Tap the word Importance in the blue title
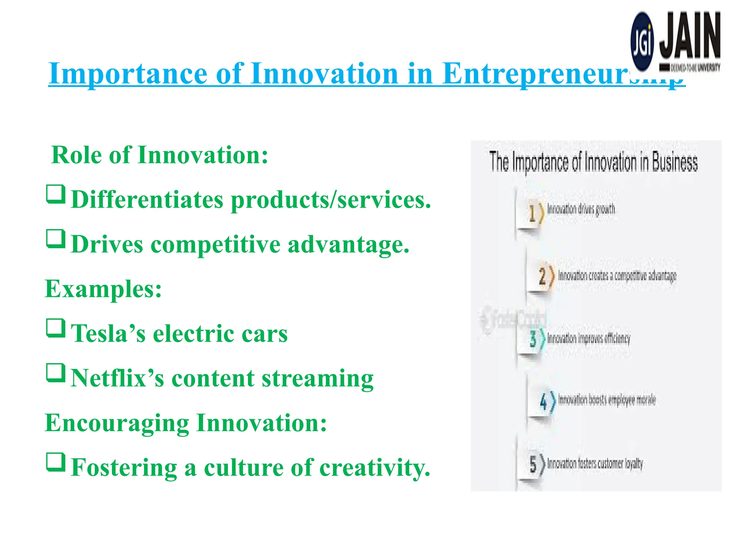[128, 74]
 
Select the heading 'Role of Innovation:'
[160, 155]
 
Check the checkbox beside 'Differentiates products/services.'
[56, 194]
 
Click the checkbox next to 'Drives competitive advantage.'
[56, 239]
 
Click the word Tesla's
[108, 333]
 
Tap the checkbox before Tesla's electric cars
[56, 328]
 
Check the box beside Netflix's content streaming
[56, 373]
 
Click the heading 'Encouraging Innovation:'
[186, 423]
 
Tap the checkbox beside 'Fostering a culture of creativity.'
[56, 462]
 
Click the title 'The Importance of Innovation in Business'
[594, 162]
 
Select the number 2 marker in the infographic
[543, 276]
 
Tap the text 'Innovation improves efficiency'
[588, 339]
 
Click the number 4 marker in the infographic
[544, 401]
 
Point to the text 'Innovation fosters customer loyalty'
[595, 464]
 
